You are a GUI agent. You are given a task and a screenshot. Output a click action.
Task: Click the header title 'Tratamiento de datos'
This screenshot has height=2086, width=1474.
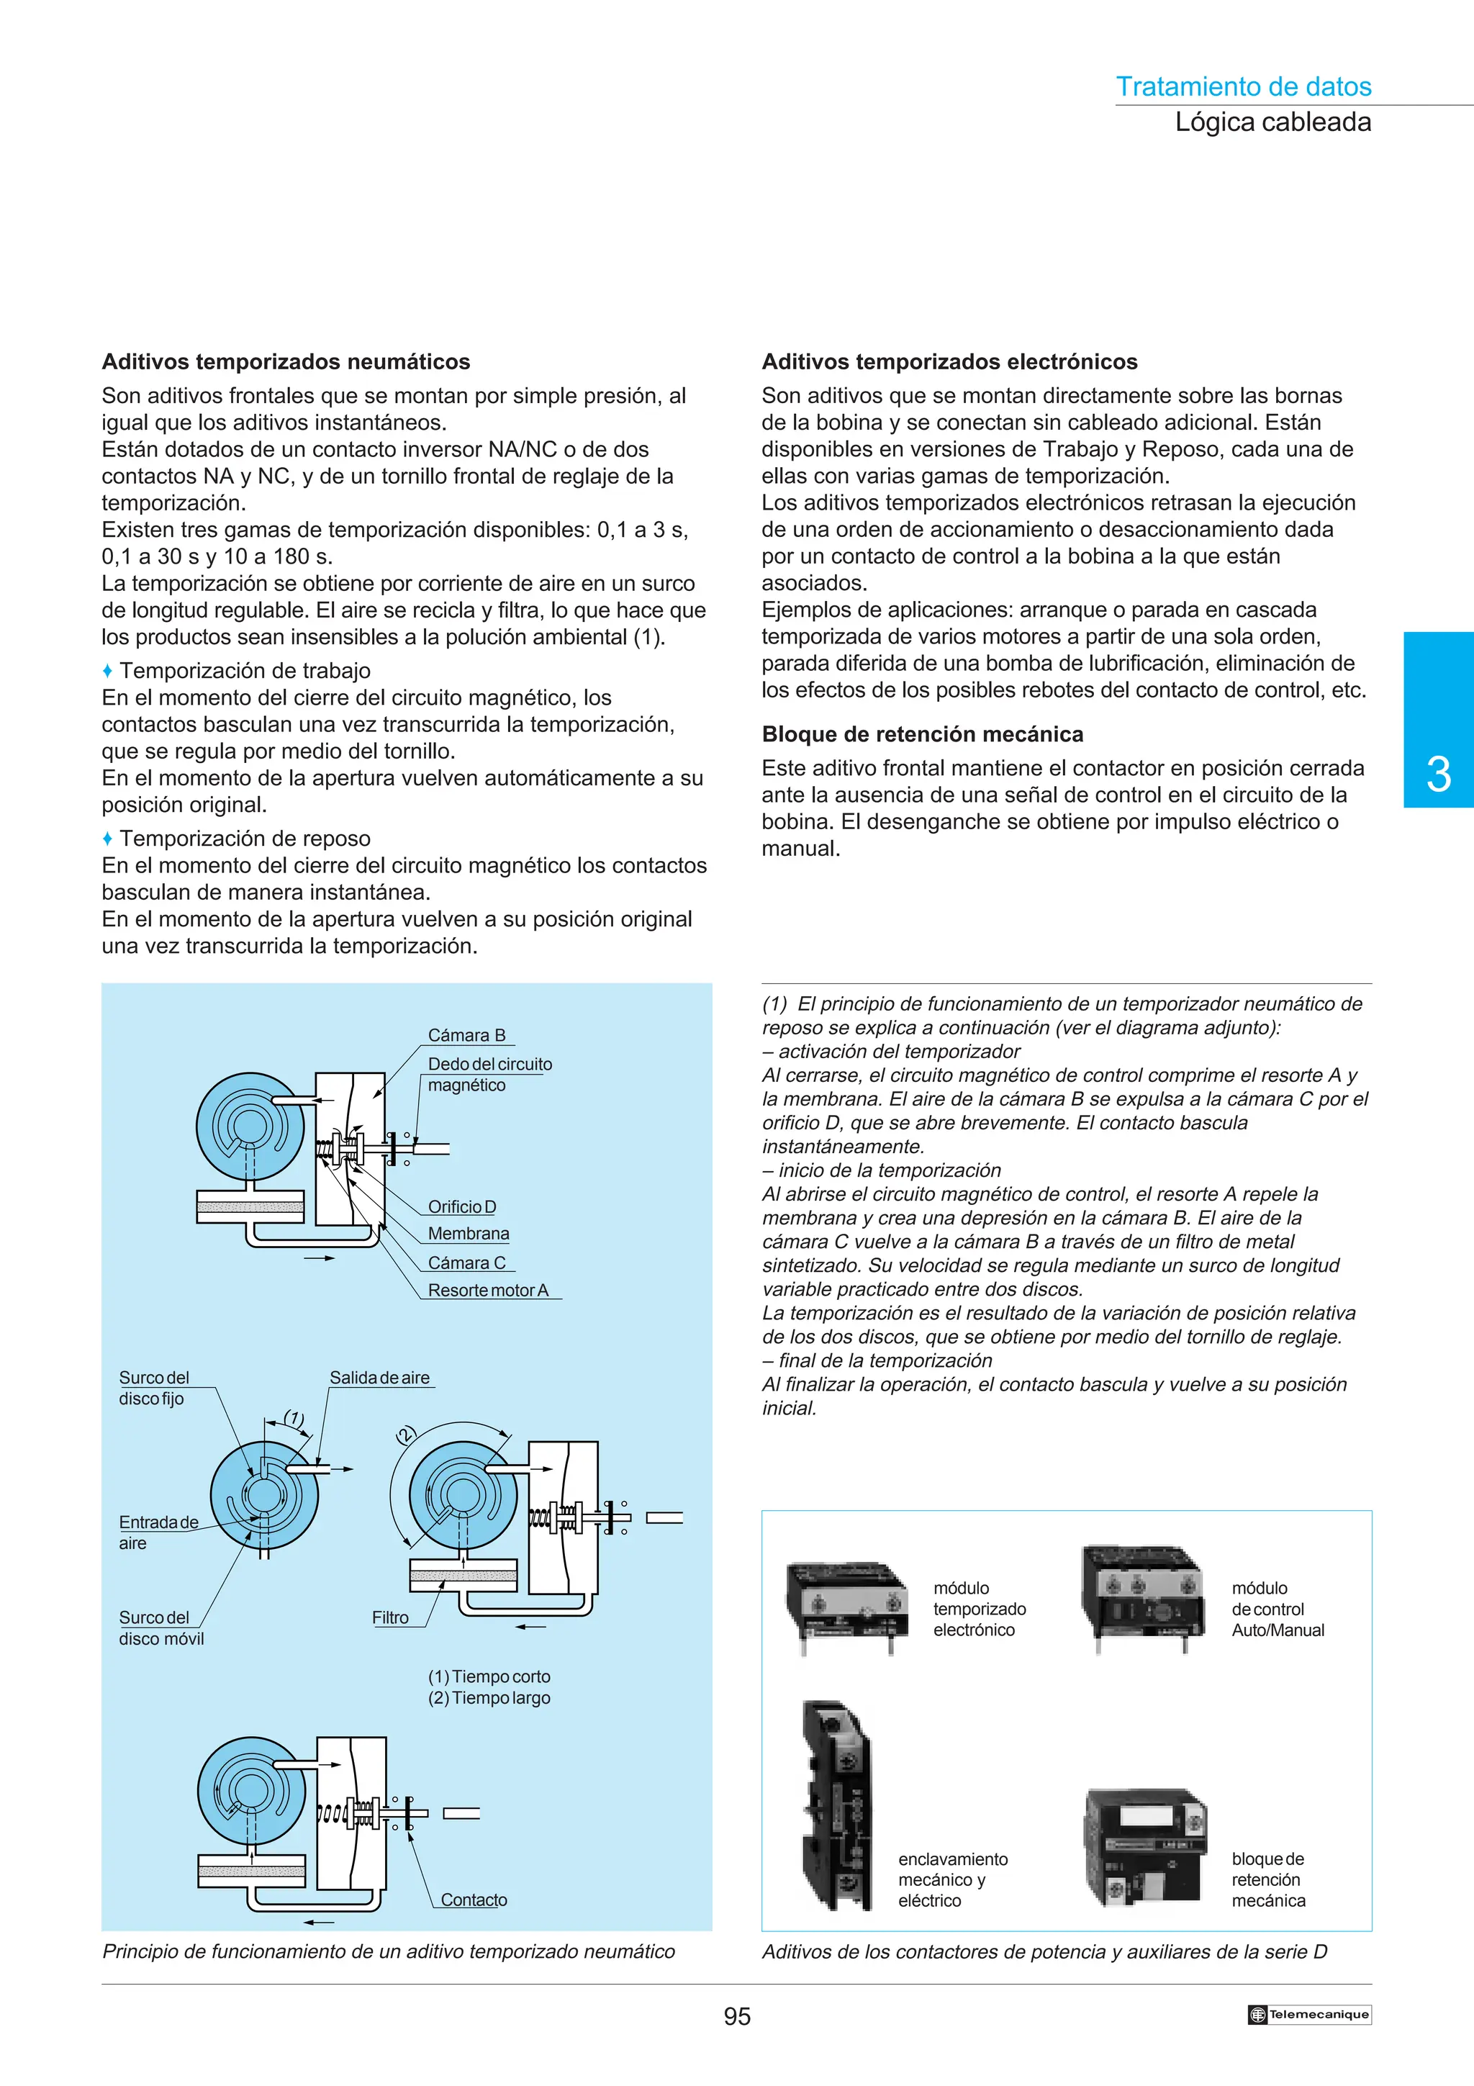[x=1242, y=86]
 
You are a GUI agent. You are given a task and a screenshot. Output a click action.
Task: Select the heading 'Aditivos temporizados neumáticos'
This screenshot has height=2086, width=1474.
[x=286, y=361]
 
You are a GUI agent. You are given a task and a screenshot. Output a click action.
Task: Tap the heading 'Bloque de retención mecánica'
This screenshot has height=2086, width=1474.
[x=922, y=734]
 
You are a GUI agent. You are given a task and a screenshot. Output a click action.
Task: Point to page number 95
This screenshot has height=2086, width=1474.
[x=736, y=2016]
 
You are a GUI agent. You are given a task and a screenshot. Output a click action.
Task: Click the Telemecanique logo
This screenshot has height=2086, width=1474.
[x=1308, y=2014]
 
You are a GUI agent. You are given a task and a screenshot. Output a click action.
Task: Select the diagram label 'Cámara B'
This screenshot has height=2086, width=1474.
[x=466, y=1035]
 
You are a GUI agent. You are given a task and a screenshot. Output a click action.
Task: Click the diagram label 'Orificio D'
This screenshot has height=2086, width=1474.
[x=461, y=1206]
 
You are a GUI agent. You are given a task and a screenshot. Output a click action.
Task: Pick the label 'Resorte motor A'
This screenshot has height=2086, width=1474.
[x=488, y=1290]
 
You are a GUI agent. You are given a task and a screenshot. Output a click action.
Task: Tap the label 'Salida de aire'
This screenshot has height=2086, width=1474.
[x=379, y=1377]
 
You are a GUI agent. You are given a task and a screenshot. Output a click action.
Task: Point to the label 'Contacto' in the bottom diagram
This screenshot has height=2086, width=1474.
[x=473, y=1900]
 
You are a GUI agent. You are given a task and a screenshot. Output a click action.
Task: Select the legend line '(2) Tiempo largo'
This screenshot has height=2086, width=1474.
[x=489, y=1698]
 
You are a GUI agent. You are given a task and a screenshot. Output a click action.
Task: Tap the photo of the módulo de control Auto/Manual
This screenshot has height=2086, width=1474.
[x=1141, y=1597]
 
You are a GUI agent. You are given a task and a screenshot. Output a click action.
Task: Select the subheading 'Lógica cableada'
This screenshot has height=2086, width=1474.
[x=1272, y=122]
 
